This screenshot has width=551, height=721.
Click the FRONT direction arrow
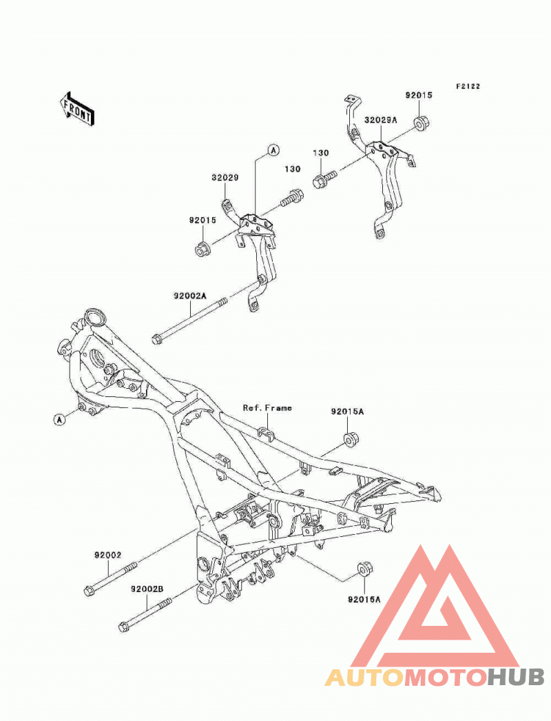point(76,109)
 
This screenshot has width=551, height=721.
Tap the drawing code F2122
point(468,86)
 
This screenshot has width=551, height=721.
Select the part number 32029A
point(380,120)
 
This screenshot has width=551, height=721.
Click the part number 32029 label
point(225,177)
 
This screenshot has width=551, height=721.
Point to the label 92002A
point(190,296)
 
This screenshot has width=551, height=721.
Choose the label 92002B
point(147,589)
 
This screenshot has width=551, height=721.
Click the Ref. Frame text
point(267,408)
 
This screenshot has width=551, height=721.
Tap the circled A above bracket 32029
point(273,150)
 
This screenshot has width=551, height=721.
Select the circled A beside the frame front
point(59,419)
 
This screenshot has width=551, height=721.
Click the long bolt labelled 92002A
point(189,321)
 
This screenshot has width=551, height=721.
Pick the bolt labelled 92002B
point(145,613)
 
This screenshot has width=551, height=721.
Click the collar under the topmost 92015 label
point(421,123)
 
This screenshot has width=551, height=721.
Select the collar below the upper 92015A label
point(351,439)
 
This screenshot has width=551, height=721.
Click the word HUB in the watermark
point(516,677)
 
